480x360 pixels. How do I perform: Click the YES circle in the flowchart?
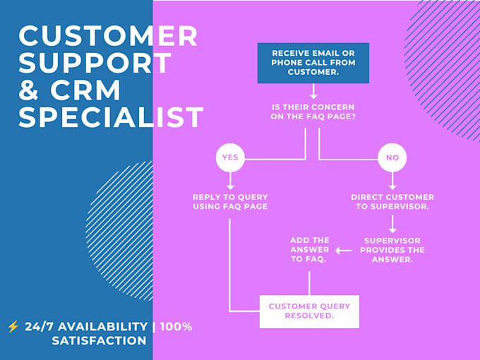230,157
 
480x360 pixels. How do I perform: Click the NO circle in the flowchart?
392,157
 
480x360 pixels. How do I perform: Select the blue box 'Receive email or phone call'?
313,63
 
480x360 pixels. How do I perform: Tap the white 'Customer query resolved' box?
309,311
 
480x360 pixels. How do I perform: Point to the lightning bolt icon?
13,327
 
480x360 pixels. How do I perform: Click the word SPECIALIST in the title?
111,117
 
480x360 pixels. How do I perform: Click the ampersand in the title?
28,90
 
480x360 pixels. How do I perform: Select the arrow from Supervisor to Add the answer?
344,251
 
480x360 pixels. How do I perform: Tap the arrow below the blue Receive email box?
313,91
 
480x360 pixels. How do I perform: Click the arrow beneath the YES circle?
230,181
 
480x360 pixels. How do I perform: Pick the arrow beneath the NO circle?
392,181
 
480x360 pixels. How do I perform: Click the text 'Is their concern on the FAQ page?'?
313,112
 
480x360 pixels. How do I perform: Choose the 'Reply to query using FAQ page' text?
230,201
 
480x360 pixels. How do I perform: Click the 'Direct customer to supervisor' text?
392,201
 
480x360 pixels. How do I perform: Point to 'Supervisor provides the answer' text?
392,250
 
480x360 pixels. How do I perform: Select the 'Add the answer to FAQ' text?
309,249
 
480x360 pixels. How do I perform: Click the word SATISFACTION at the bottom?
100,340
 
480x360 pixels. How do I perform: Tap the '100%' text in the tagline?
176,327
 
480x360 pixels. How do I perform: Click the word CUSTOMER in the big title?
108,35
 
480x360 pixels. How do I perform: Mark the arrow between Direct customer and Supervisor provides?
392,224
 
